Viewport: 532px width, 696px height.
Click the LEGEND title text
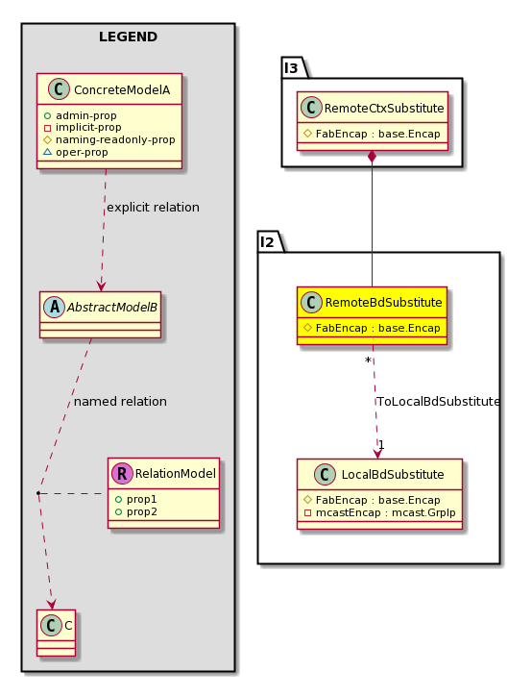pyautogui.click(x=128, y=37)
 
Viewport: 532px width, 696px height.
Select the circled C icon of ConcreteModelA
pyautogui.click(x=59, y=89)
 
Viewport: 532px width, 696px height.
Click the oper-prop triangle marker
pyautogui.click(x=47, y=152)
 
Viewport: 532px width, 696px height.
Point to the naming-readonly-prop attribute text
pyautogui.click(x=115, y=139)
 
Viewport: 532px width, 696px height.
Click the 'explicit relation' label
pyautogui.click(x=153, y=208)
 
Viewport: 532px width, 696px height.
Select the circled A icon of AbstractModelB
pyautogui.click(x=55, y=307)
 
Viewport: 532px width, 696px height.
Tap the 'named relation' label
pyautogui.click(x=120, y=401)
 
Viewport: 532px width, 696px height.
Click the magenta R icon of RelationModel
pyautogui.click(x=122, y=473)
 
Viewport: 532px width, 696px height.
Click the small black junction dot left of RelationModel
pyautogui.click(x=38, y=493)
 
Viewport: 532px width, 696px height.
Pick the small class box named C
pyautogui.click(x=57, y=633)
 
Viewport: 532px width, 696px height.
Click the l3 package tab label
pyautogui.click(x=291, y=68)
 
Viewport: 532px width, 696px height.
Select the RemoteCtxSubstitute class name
pyautogui.click(x=384, y=108)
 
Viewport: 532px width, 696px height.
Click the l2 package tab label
pyautogui.click(x=267, y=242)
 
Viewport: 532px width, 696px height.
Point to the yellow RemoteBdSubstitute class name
pyautogui.click(x=383, y=302)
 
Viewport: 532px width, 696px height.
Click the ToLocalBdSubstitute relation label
pyautogui.click(x=438, y=401)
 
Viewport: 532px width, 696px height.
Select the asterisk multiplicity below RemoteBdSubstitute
pyautogui.click(x=368, y=360)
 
